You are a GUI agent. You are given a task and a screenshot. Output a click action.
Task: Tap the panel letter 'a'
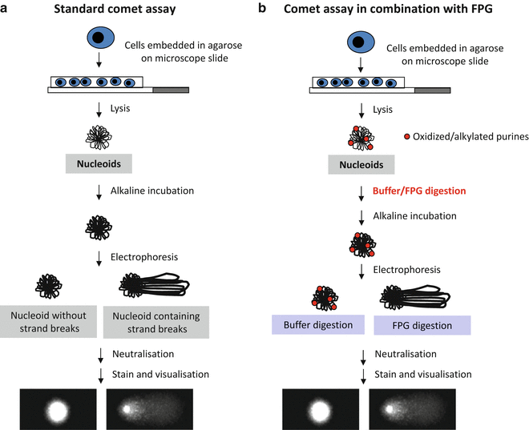tap(6, 10)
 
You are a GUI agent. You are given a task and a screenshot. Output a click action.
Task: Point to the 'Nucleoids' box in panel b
tap(361, 165)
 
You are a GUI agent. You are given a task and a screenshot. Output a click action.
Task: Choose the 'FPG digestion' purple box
tap(422, 325)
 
